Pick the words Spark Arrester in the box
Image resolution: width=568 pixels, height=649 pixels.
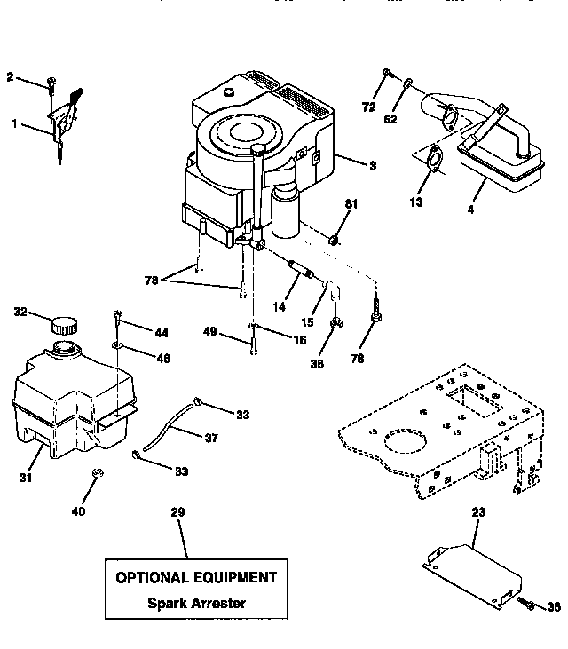tap(197, 603)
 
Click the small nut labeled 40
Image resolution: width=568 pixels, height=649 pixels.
tap(99, 471)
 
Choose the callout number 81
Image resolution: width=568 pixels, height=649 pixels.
tap(351, 204)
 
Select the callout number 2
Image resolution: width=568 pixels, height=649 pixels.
tap(11, 77)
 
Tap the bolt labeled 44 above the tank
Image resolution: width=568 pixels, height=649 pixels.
tap(117, 315)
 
